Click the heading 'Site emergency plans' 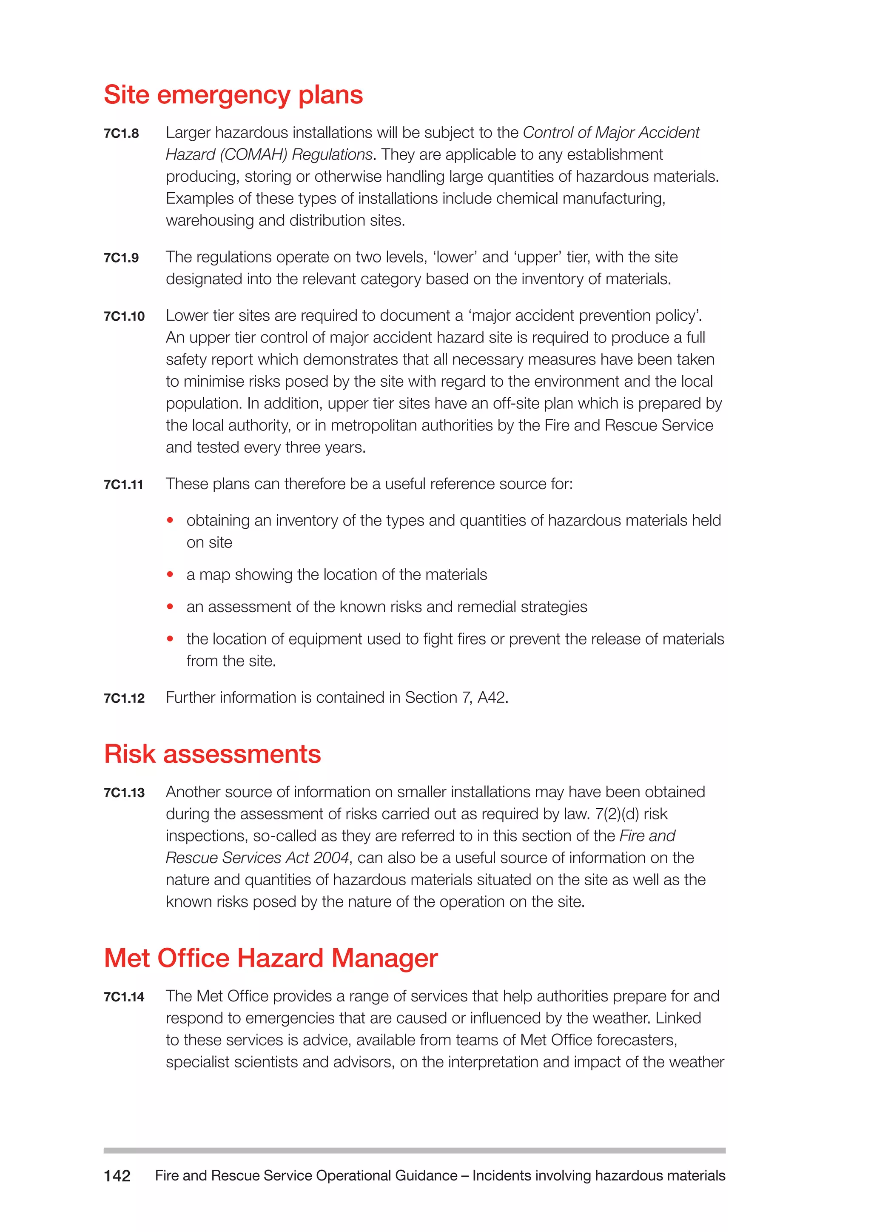(233, 95)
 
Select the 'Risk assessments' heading (212, 754)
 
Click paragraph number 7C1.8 (121, 133)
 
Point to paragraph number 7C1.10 (124, 316)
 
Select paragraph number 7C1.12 (124, 698)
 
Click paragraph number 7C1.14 (124, 997)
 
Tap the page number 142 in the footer (117, 1176)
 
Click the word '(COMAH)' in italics (253, 154)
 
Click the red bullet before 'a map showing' (170, 574)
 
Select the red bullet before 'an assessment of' (170, 606)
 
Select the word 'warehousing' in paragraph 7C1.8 (210, 220)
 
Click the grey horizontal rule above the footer (414, 1150)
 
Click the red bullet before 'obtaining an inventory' (170, 520)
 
